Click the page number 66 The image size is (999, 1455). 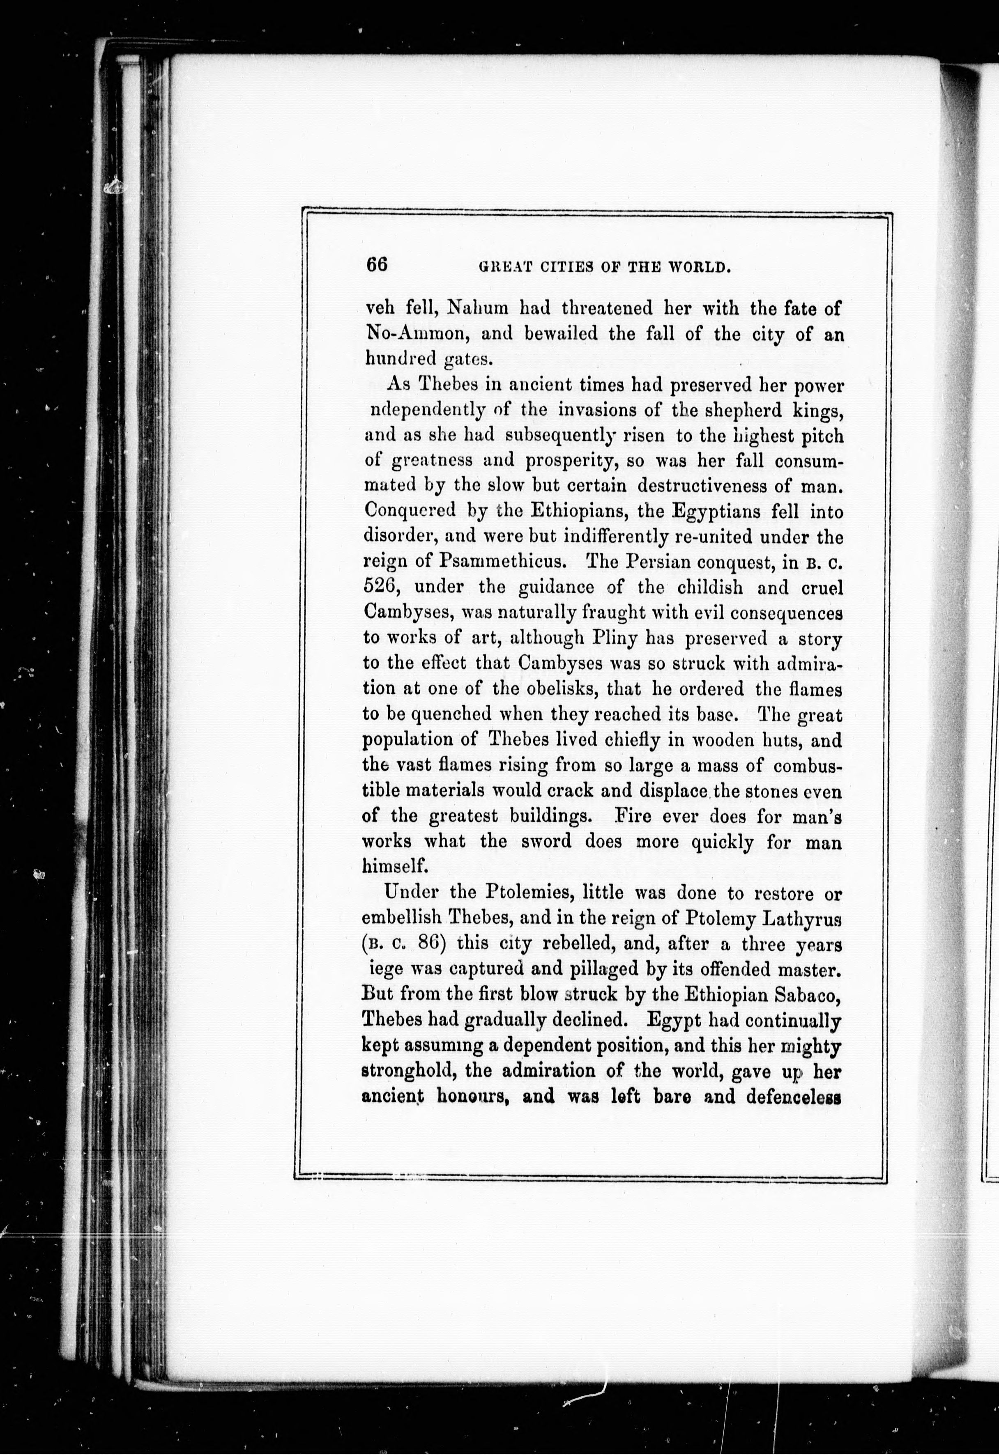click(377, 264)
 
